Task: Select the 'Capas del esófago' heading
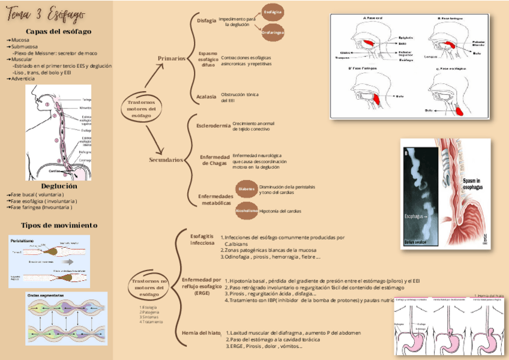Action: pos(58,31)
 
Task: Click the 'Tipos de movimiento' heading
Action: pos(59,225)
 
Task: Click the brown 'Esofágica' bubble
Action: pos(273,12)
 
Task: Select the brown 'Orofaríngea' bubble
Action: pos(273,32)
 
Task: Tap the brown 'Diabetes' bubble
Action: pos(246,189)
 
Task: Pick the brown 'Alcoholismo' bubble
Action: pos(247,211)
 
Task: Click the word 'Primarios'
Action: pos(172,58)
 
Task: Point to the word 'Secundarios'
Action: pos(166,160)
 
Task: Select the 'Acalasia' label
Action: pos(206,97)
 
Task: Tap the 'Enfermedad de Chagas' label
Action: pos(215,160)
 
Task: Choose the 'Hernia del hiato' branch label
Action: pos(201,332)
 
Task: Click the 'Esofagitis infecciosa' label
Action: pos(202,240)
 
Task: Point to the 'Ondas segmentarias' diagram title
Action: pos(47,295)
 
